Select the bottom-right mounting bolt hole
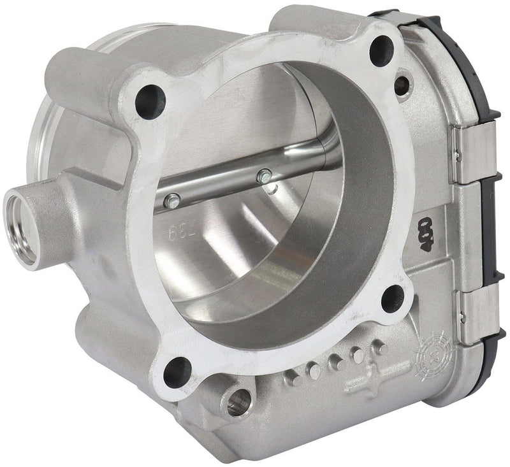pos(393,298)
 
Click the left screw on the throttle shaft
pos(170,202)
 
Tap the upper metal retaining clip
pos(472,150)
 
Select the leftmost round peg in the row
pos(293,378)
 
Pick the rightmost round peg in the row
pos(381,348)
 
